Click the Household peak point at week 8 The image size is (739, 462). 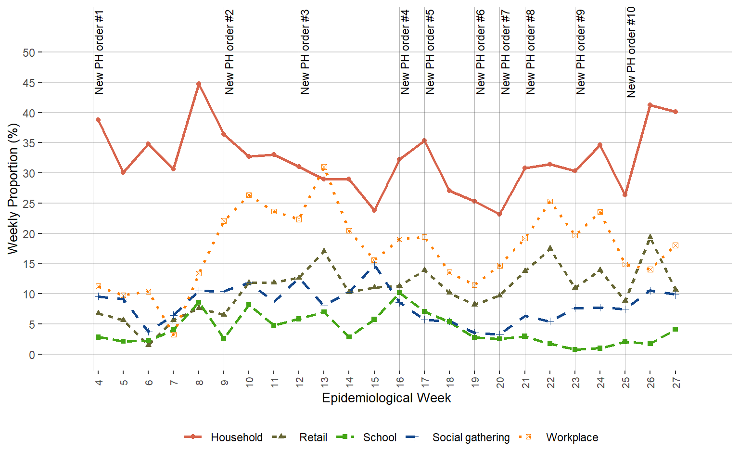pyautogui.click(x=198, y=84)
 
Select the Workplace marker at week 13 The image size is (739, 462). pyautogui.click(x=324, y=167)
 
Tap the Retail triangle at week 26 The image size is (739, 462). pyautogui.click(x=650, y=237)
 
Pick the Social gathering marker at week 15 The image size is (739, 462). pyautogui.click(x=374, y=264)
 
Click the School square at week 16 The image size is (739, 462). pyautogui.click(x=399, y=293)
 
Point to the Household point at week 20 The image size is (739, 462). pyautogui.click(x=499, y=214)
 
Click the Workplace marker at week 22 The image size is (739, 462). pyautogui.click(x=550, y=202)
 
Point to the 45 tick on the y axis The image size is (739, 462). pyautogui.click(x=28, y=83)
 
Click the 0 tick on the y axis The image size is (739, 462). pyautogui.click(x=32, y=355)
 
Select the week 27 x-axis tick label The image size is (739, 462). pyautogui.click(x=675, y=383)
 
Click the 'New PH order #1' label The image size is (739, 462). pyautogui.click(x=99, y=52)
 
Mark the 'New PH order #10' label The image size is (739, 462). pyautogui.click(x=631, y=52)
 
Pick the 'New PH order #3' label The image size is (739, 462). pyautogui.click(x=305, y=52)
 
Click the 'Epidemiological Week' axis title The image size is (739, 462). pyautogui.click(x=386, y=398)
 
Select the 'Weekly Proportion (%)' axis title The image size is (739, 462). pyautogui.click(x=13, y=189)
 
